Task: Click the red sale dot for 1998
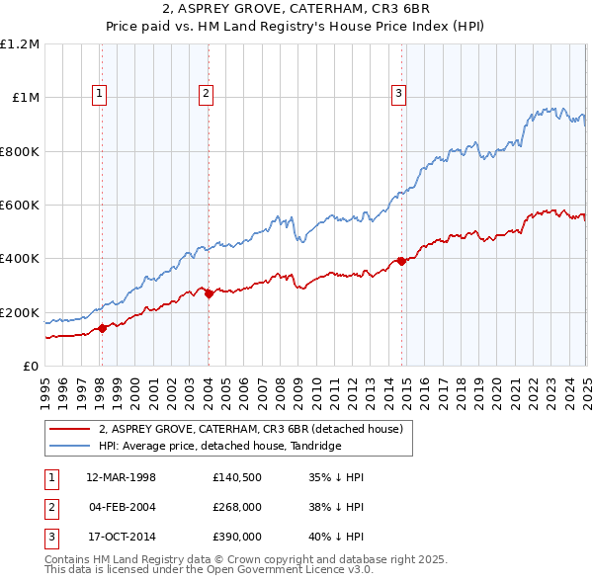[103, 329]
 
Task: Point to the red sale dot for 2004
[209, 293]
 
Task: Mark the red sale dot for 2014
[402, 261]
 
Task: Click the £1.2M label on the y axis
[20, 44]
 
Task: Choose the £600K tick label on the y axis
[20, 205]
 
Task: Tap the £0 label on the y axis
[32, 366]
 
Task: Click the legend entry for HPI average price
[219, 447]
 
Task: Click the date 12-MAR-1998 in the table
[122, 477]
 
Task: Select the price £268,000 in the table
[237, 507]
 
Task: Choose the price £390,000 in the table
[237, 537]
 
